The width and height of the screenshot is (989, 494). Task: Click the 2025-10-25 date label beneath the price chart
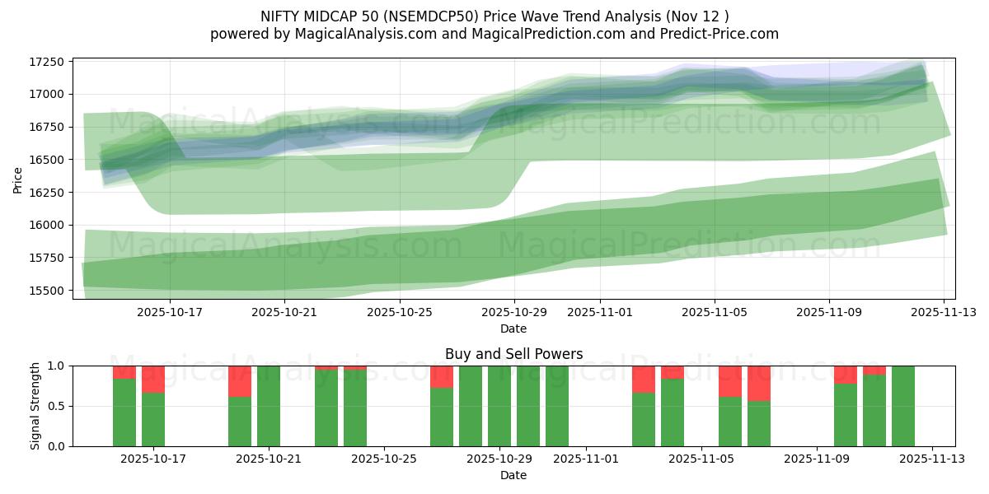[399, 313]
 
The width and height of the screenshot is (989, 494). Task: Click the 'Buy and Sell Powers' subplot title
[513, 354]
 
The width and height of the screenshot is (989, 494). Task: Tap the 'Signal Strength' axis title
[35, 406]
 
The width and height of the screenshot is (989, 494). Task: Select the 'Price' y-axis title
[18, 179]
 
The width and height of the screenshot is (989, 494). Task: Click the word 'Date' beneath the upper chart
[513, 329]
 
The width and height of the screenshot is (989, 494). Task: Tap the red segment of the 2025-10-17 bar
[153, 380]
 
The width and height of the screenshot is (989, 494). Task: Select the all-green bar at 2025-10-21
[269, 406]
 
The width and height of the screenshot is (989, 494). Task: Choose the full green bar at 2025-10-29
[499, 406]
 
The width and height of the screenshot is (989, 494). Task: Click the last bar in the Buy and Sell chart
[903, 406]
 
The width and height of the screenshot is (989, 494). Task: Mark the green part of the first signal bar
[124, 412]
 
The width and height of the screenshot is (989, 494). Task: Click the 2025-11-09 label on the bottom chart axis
[816, 459]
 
